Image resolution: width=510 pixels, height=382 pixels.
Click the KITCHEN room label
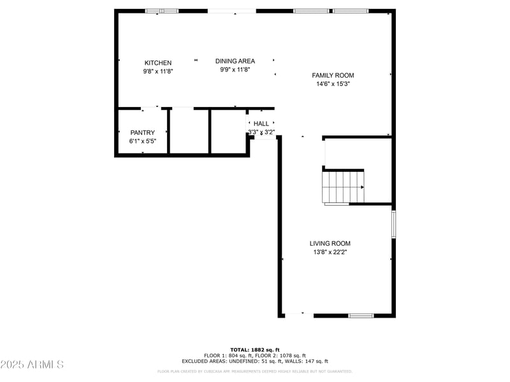(157, 63)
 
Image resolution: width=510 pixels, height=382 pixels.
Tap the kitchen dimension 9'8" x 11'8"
(157, 72)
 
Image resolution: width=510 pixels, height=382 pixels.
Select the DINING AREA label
(235, 61)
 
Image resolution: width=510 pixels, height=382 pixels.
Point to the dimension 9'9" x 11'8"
(235, 70)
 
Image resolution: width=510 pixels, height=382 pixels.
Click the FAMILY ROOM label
(332, 75)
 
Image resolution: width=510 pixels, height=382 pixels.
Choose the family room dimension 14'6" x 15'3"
(332, 84)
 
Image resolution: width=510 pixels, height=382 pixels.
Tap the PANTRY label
(143, 132)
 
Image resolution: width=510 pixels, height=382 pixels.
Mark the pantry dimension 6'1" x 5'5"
(143, 141)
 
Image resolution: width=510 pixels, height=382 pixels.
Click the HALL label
(261, 124)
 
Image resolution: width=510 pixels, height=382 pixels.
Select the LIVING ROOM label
(330, 243)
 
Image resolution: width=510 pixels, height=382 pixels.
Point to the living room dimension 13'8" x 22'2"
(330, 252)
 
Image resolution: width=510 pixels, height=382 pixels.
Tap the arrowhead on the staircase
(362, 187)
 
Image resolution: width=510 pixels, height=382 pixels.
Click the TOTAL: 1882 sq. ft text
(255, 350)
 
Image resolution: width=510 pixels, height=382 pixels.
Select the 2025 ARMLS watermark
(32, 365)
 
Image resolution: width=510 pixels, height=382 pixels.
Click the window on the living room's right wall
(393, 224)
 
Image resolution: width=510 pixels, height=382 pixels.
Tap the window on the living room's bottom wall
(360, 315)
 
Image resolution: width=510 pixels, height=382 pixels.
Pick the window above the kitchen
(161, 11)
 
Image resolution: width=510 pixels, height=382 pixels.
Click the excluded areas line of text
(255, 361)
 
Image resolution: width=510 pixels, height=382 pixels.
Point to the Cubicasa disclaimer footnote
(255, 371)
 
